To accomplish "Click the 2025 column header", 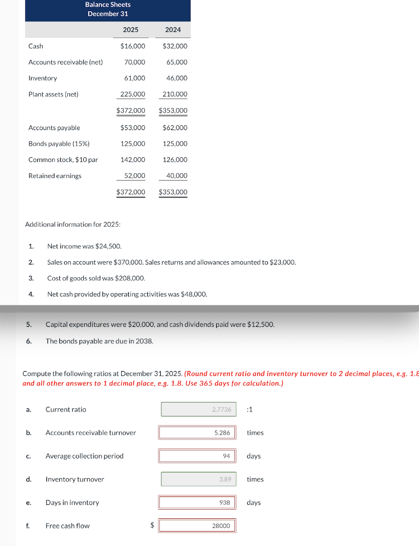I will click(131, 30).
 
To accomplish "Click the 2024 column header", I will click(173, 30).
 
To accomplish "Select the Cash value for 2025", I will click(132, 46).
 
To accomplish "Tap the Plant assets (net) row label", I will click(53, 94).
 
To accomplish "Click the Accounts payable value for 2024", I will click(175, 128).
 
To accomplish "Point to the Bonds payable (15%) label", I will click(59, 144).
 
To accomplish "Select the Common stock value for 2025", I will click(133, 160).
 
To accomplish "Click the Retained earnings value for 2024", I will click(177, 176).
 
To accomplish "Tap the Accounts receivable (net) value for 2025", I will click(135, 62).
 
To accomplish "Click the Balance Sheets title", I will click(108, 5).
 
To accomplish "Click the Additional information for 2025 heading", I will click(73, 224).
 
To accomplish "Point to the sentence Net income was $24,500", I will click(84, 246).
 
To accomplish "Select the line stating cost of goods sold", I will click(96, 278).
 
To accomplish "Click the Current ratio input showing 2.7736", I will click(199, 409).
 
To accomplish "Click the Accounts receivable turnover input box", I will click(196, 432).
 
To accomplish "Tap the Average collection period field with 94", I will click(196, 456).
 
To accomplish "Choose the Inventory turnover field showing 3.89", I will click(199, 479).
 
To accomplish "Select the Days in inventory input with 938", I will click(196, 502).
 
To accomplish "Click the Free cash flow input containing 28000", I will click(196, 526).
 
